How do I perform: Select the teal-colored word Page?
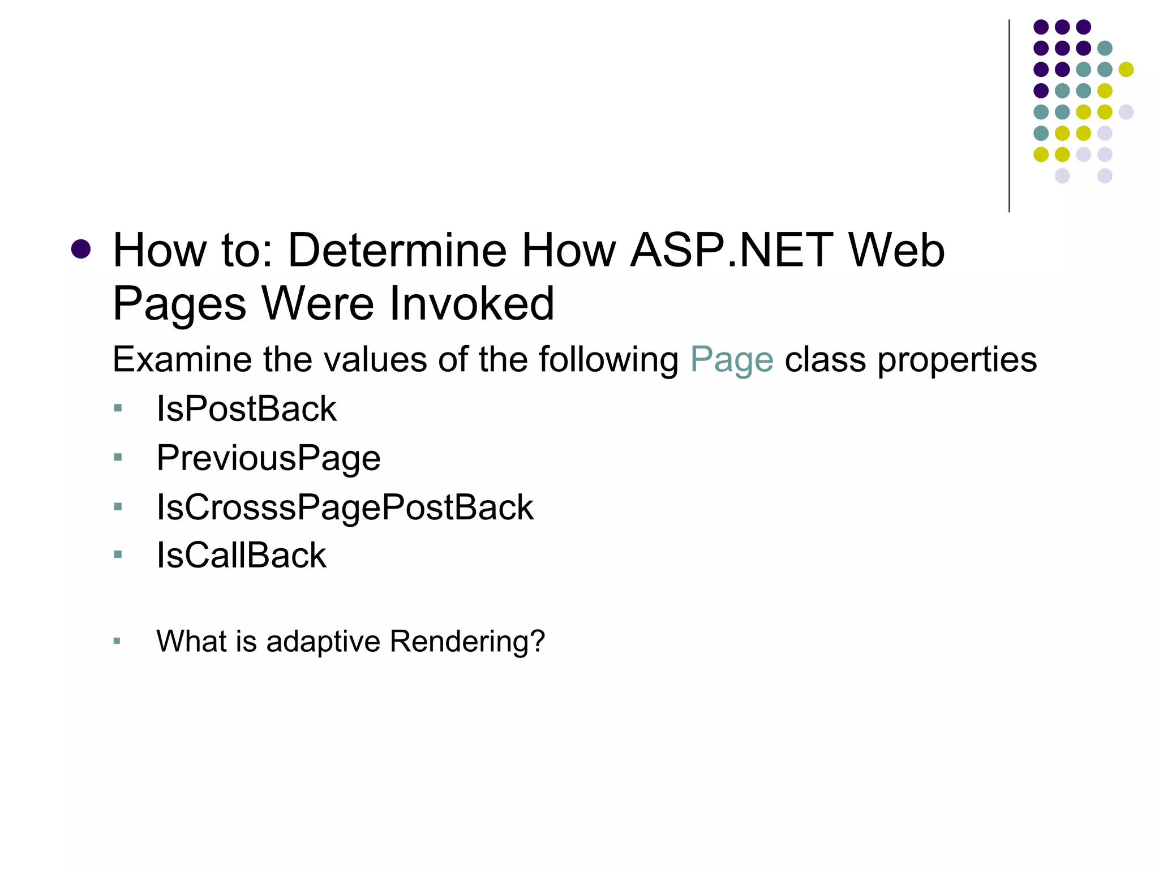tap(731, 360)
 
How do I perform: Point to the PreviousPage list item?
tap(268, 458)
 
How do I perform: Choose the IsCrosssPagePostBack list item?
tap(345, 507)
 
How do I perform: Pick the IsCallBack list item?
tap(241, 555)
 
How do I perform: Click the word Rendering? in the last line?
tap(467, 641)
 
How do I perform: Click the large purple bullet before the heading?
tap(81, 249)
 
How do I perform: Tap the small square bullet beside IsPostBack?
tap(118, 408)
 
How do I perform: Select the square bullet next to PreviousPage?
tap(118, 457)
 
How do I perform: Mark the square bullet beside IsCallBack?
tap(118, 554)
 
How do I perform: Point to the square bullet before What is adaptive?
tap(117, 641)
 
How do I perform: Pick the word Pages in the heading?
tap(179, 303)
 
